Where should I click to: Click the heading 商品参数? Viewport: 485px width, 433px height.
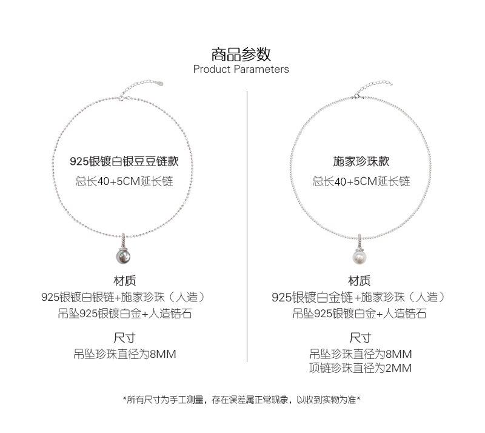(x=241, y=55)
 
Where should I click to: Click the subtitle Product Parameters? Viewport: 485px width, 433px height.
(x=241, y=69)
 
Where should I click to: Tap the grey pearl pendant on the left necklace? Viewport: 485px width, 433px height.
(x=123, y=256)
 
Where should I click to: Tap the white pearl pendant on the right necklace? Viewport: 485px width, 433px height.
(x=360, y=257)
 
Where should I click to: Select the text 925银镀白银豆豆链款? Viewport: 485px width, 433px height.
(x=124, y=161)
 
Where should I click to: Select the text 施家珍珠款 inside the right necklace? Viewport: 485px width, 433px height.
(x=361, y=161)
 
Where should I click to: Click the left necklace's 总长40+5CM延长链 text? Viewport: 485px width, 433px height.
(x=124, y=181)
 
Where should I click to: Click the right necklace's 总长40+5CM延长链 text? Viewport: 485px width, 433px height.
(x=361, y=181)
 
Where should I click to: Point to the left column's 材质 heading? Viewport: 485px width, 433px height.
(x=125, y=281)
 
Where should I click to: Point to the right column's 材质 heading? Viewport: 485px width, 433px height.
(x=359, y=281)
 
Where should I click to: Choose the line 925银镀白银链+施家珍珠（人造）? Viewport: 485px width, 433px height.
(x=124, y=297)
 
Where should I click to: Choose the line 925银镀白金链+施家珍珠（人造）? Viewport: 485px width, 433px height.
(x=360, y=297)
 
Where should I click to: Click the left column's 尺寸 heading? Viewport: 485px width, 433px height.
(x=124, y=338)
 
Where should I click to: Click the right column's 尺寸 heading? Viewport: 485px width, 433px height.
(x=360, y=338)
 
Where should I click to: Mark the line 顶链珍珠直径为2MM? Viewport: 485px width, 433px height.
(x=360, y=368)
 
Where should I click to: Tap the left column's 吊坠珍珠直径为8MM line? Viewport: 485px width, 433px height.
(x=125, y=354)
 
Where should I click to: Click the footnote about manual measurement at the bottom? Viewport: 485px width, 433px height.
(x=241, y=400)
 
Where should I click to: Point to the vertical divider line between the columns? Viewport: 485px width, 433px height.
(x=247, y=226)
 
